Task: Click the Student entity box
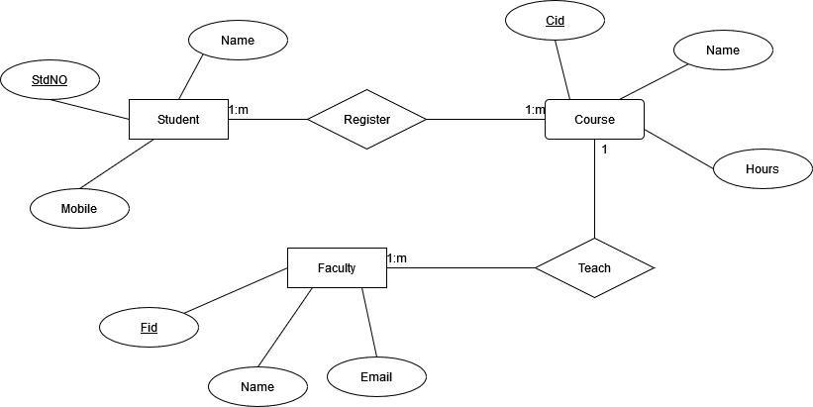[178, 120]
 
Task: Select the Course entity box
[594, 120]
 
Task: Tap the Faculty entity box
[337, 267]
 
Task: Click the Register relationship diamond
[366, 120]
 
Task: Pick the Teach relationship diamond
[594, 267]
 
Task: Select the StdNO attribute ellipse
[50, 80]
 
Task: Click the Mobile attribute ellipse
[79, 209]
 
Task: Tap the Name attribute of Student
[238, 41]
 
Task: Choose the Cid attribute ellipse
[555, 21]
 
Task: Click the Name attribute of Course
[723, 50]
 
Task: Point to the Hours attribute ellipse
[762, 168]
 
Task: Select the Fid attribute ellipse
[149, 327]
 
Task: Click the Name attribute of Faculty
[257, 386]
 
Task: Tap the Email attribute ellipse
[376, 376]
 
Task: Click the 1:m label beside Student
[239, 110]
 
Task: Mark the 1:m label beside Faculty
[397, 258]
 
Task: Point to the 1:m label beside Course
[535, 110]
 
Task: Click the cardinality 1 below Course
[604, 150]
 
